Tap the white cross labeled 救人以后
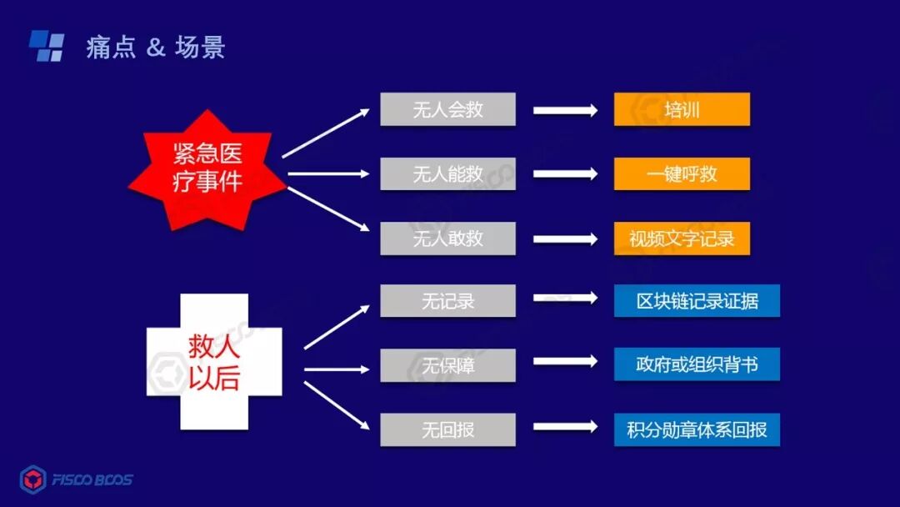[214, 364]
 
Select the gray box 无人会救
[447, 109]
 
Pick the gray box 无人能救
[447, 174]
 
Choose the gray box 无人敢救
[447, 238]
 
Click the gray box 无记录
[447, 301]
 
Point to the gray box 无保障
[447, 365]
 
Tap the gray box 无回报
[447, 429]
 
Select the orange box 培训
[682, 109]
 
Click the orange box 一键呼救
[682, 174]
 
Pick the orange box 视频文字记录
[682, 238]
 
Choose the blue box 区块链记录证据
[697, 301]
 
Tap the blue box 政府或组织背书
[697, 365]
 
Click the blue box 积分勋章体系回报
[697, 429]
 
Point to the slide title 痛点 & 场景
[155, 48]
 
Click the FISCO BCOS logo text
[92, 479]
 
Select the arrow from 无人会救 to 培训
[565, 110]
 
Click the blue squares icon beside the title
[47, 46]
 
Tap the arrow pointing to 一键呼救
[565, 174]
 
